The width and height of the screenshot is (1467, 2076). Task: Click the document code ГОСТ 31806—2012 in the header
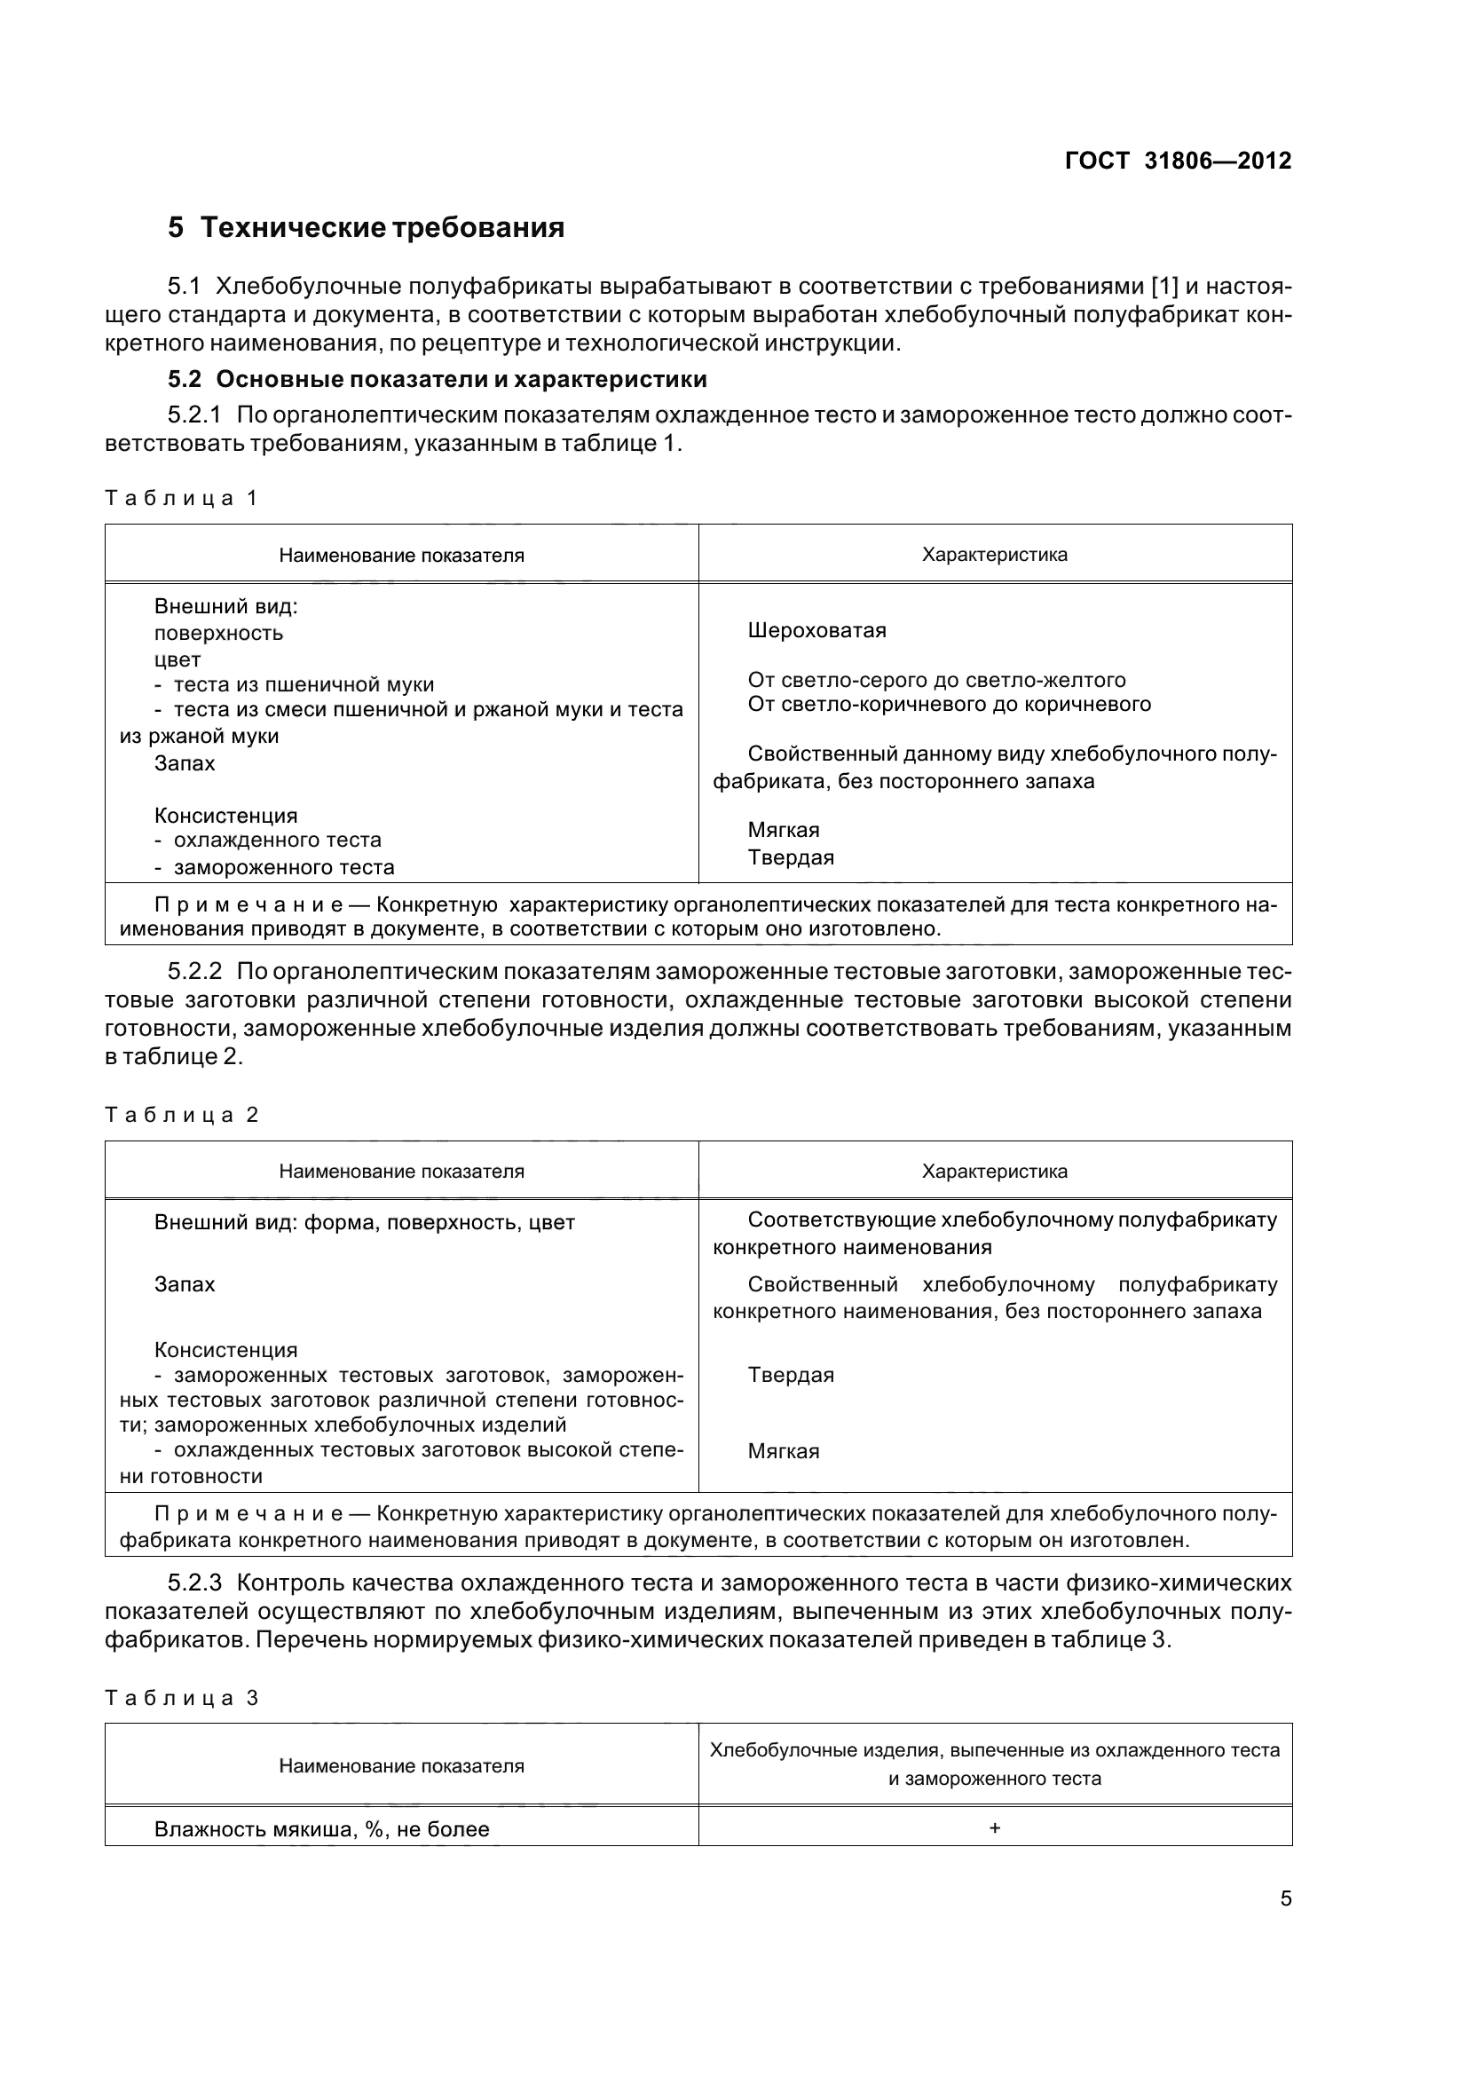click(x=1178, y=161)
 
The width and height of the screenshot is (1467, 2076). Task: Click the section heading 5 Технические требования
click(x=366, y=228)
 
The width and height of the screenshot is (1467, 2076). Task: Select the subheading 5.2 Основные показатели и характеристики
click(x=438, y=379)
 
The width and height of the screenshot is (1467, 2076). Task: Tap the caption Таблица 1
click(x=182, y=498)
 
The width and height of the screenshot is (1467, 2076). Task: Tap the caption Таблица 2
click(x=182, y=1115)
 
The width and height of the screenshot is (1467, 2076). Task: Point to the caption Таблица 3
click(x=182, y=1698)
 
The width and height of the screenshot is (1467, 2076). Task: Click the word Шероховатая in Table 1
click(x=817, y=630)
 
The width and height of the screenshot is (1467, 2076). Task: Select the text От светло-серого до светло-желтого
click(x=936, y=680)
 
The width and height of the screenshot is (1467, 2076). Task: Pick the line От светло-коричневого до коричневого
click(x=949, y=705)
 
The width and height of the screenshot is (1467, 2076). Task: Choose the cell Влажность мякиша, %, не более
click(x=322, y=1829)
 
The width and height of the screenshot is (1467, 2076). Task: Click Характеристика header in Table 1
click(x=994, y=554)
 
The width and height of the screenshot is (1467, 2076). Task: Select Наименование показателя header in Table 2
click(x=401, y=1171)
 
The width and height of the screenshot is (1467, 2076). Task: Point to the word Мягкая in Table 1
click(x=784, y=830)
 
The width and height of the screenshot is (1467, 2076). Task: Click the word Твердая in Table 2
click(x=791, y=1375)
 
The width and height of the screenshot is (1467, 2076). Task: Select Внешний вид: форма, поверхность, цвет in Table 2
click(x=364, y=1223)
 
